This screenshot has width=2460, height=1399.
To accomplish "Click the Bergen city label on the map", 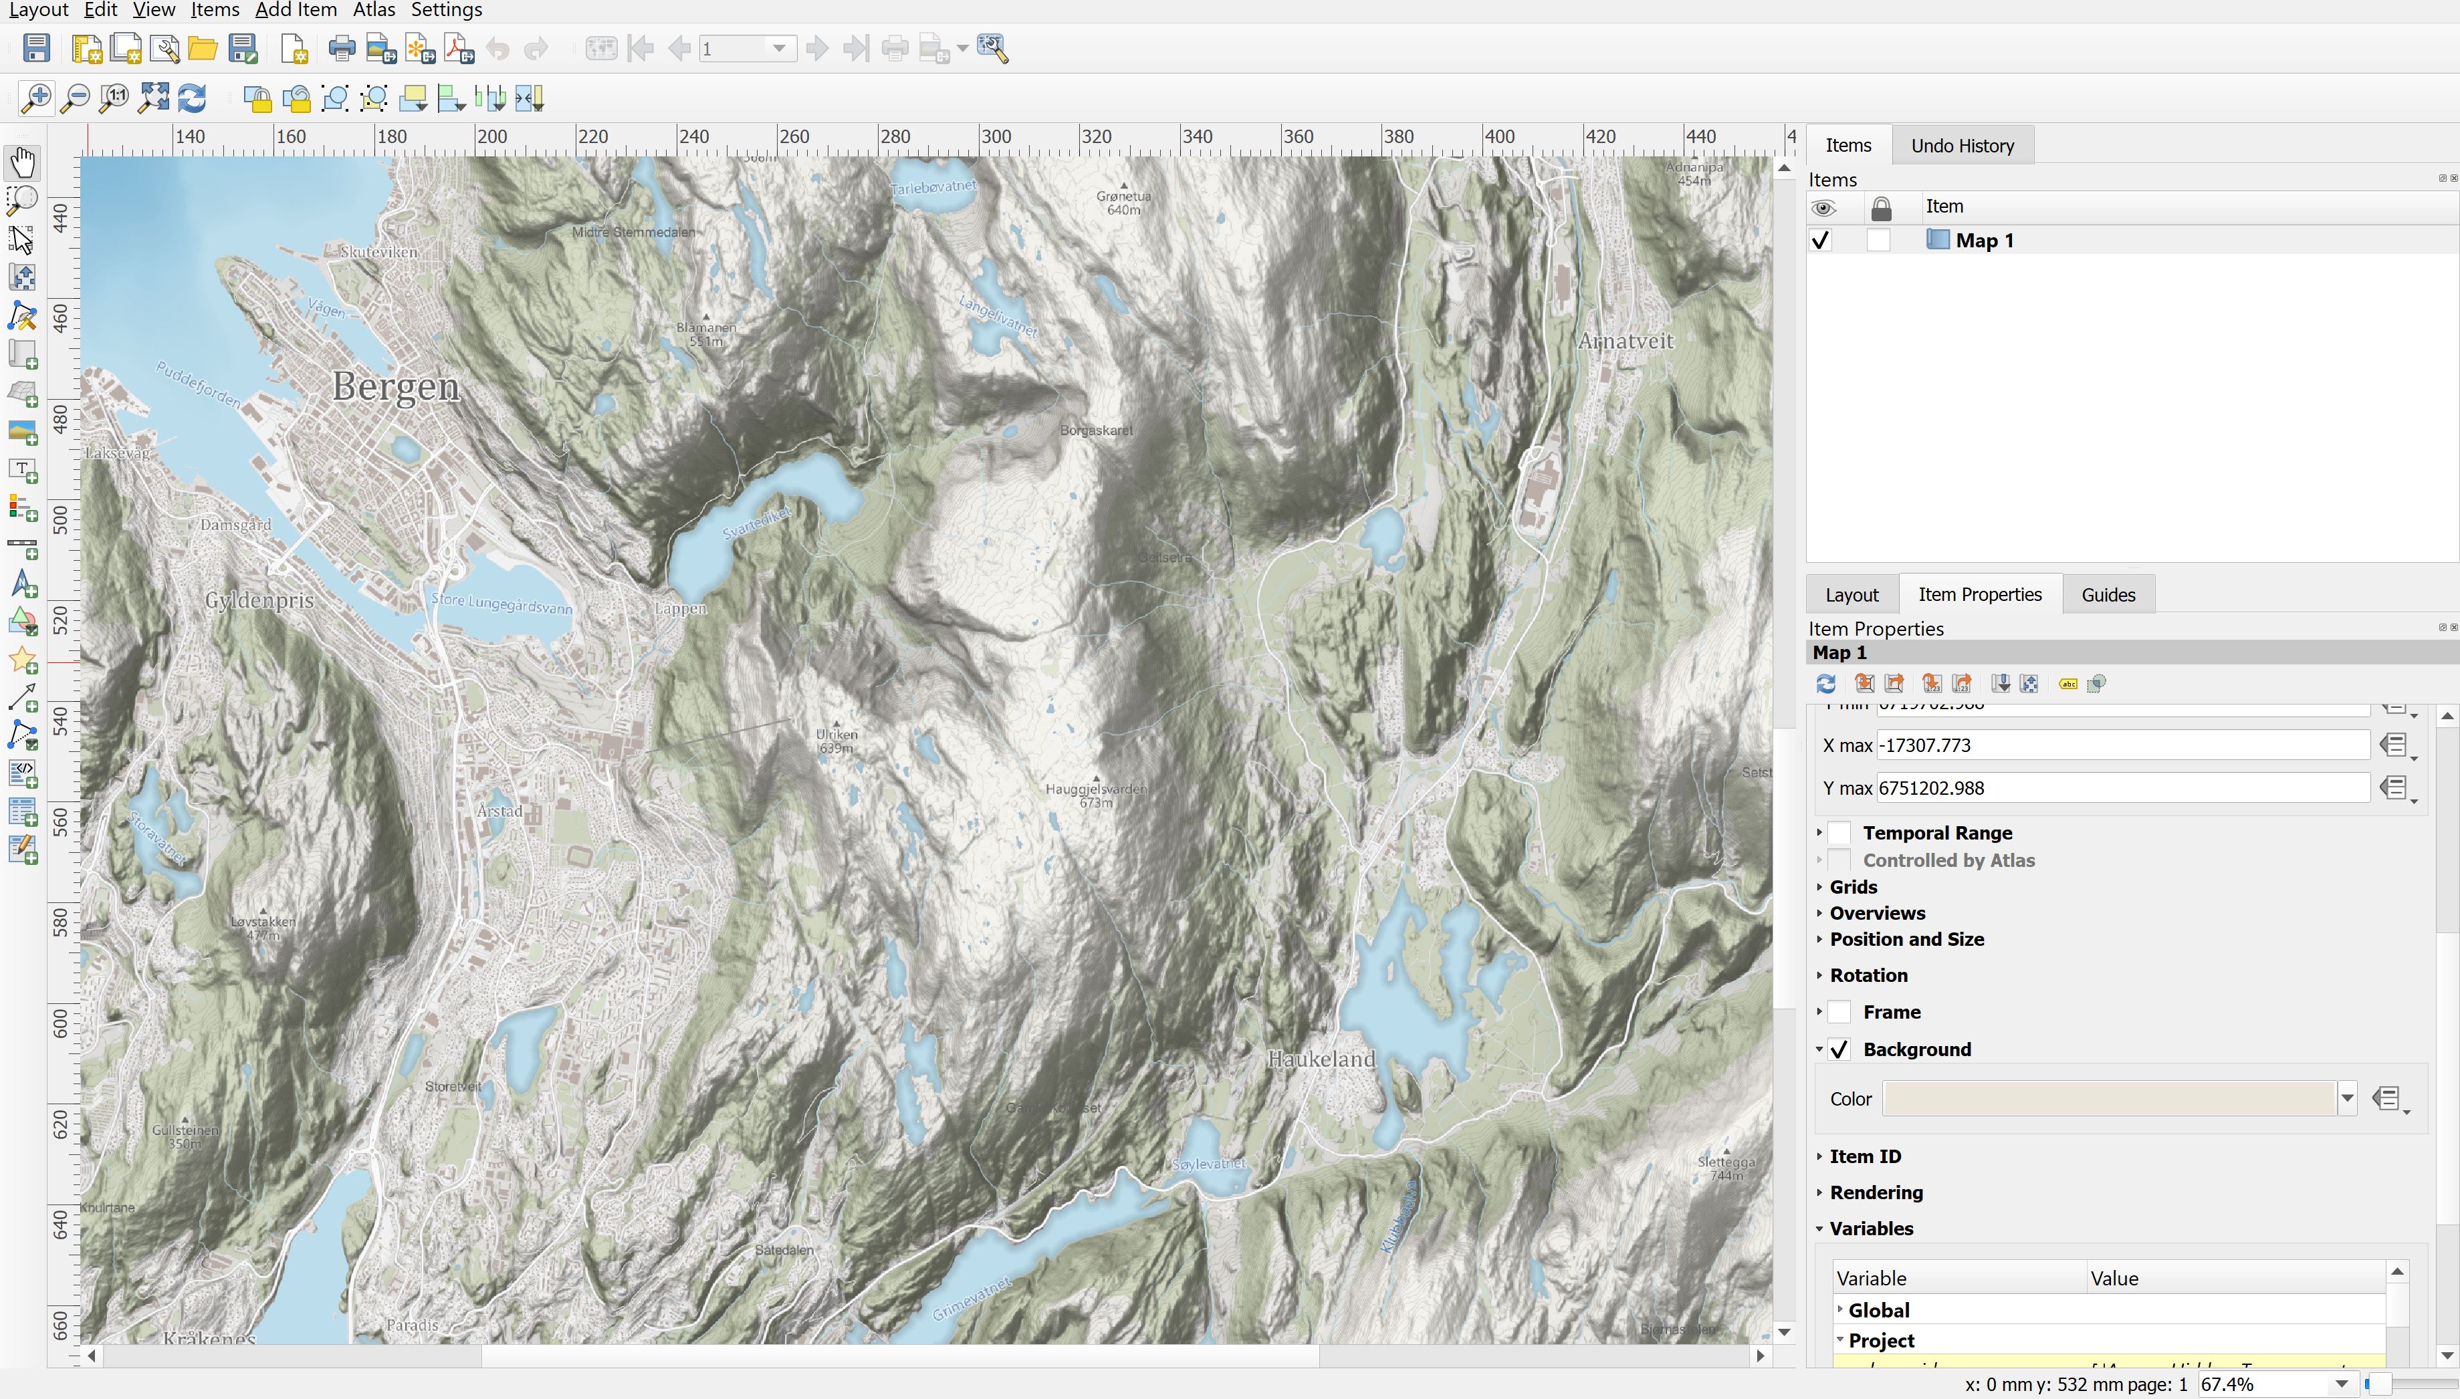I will [x=396, y=386].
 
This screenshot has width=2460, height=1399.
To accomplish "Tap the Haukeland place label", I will [x=1321, y=1059].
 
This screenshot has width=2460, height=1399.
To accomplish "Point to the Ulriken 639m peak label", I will [x=836, y=740].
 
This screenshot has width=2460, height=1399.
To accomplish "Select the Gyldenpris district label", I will [x=259, y=600].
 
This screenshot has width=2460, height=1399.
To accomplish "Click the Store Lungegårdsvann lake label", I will [x=501, y=604].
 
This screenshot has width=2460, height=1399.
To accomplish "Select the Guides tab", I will [x=2108, y=595].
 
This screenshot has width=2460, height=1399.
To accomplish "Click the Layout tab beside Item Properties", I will [x=1851, y=595].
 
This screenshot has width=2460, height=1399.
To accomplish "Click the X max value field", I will [x=2122, y=746].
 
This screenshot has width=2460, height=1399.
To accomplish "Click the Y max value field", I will [x=2122, y=788].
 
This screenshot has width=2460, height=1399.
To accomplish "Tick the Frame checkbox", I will [x=1839, y=1012].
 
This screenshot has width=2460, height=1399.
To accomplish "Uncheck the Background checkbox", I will [x=1839, y=1049].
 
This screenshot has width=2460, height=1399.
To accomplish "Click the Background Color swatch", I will [x=2108, y=1098].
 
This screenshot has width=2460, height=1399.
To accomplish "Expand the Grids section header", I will [x=1853, y=887].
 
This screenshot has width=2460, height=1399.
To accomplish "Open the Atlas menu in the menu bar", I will [x=374, y=11].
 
